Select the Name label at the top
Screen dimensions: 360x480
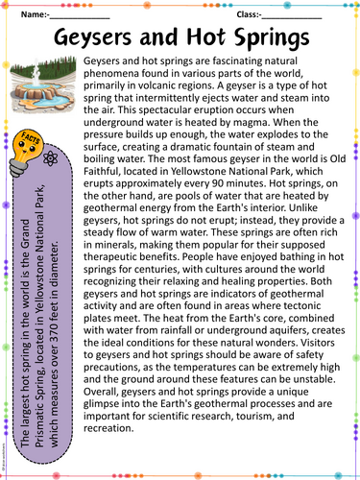[34, 14]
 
